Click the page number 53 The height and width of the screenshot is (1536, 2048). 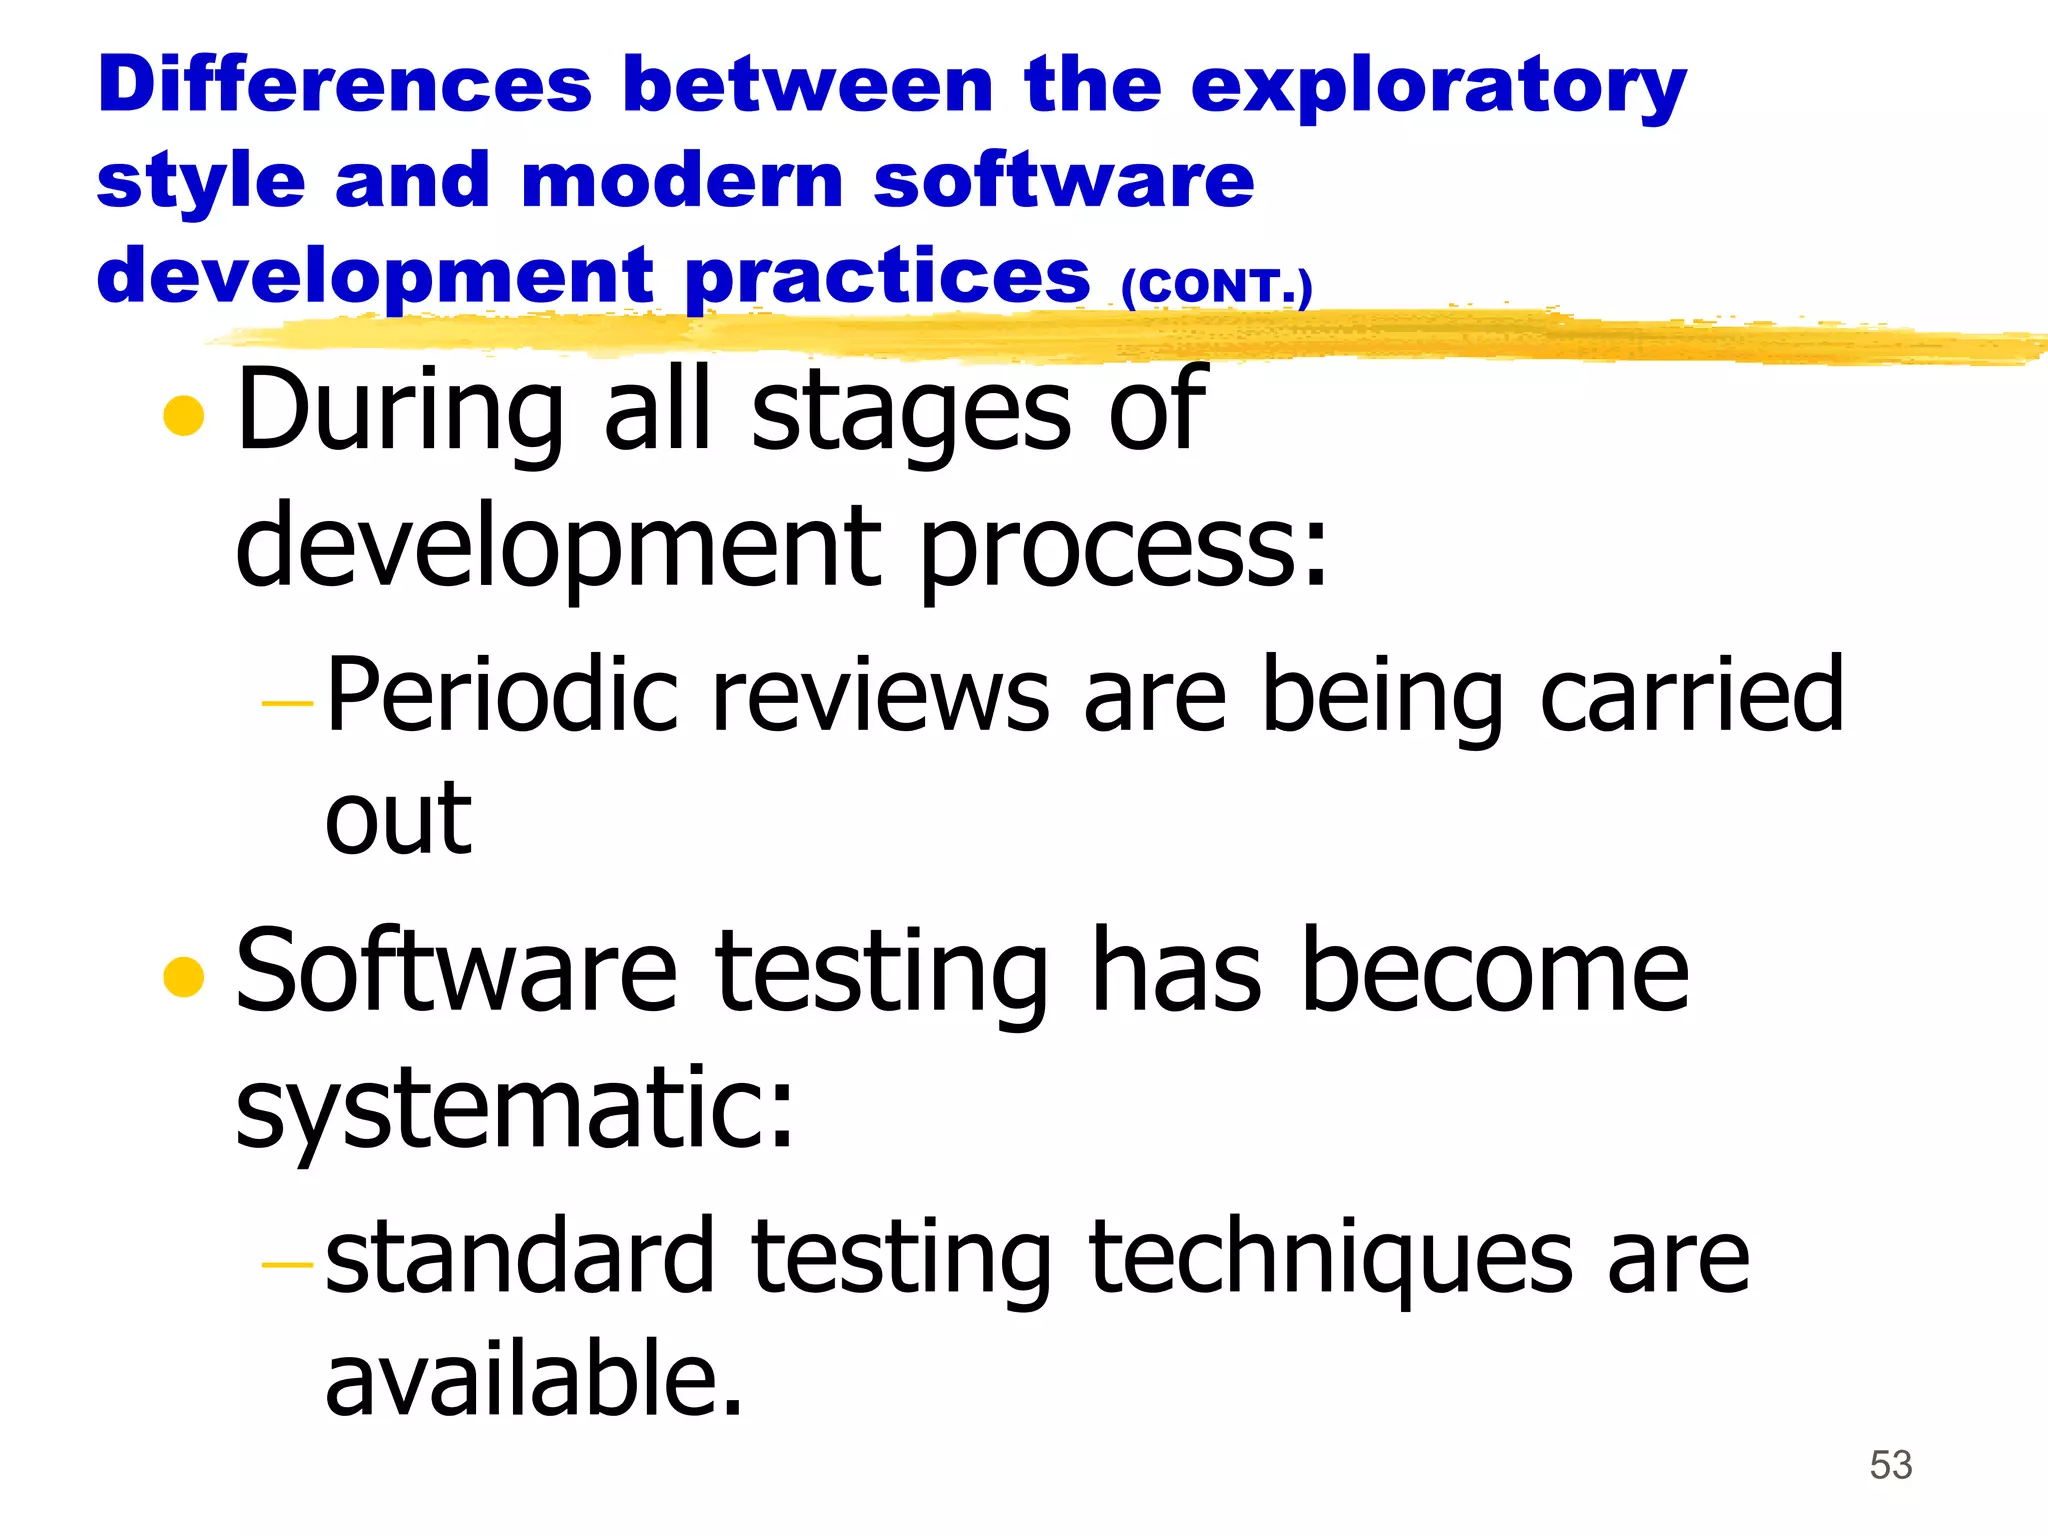coord(1890,1465)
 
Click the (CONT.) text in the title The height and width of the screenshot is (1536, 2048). coord(1215,287)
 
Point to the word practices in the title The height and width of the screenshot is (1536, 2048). coord(888,278)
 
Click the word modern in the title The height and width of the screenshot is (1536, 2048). coord(683,181)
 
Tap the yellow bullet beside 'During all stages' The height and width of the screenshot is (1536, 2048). coord(183,416)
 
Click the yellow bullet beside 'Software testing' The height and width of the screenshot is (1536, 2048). coord(183,977)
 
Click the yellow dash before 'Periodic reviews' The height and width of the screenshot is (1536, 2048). coord(287,704)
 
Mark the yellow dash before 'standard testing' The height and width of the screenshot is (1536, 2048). coord(287,1265)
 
